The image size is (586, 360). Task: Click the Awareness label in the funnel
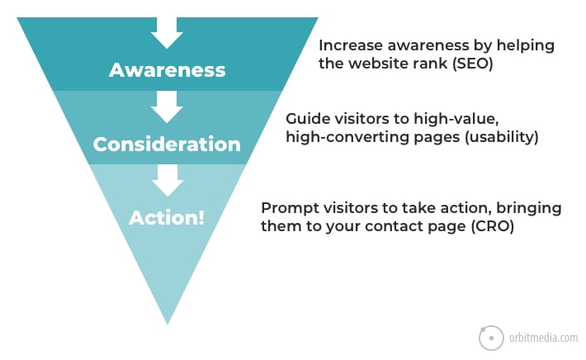tap(167, 69)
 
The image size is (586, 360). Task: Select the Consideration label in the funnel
tap(167, 144)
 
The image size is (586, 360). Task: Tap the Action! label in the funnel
tap(167, 219)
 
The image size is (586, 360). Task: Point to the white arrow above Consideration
tap(167, 107)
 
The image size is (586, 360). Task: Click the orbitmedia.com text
tap(543, 337)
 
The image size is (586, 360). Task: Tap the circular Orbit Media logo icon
tap(491, 337)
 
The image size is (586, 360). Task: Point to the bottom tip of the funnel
tap(168, 322)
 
